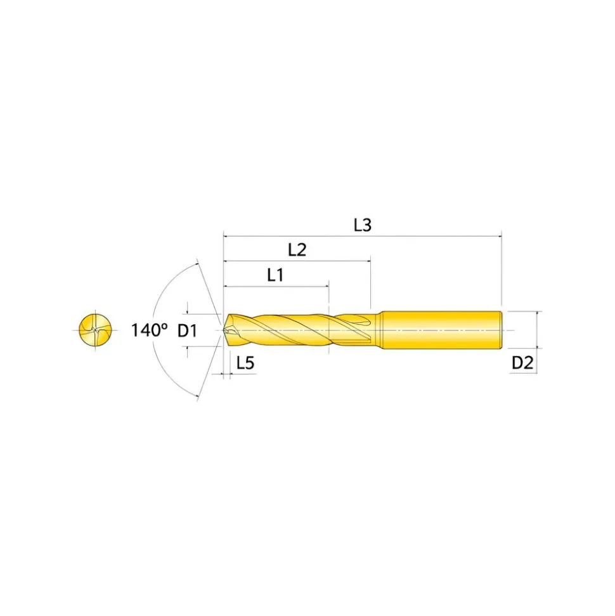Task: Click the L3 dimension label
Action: coord(363,225)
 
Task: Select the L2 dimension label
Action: coord(297,250)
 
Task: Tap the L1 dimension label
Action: coord(275,275)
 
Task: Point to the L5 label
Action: coord(245,363)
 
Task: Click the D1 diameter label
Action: coord(187,331)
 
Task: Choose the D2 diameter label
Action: coord(522,364)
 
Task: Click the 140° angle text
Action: coord(149,330)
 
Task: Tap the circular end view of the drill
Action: coord(95,330)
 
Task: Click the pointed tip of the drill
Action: coord(224,331)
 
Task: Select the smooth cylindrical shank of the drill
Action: coord(442,330)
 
